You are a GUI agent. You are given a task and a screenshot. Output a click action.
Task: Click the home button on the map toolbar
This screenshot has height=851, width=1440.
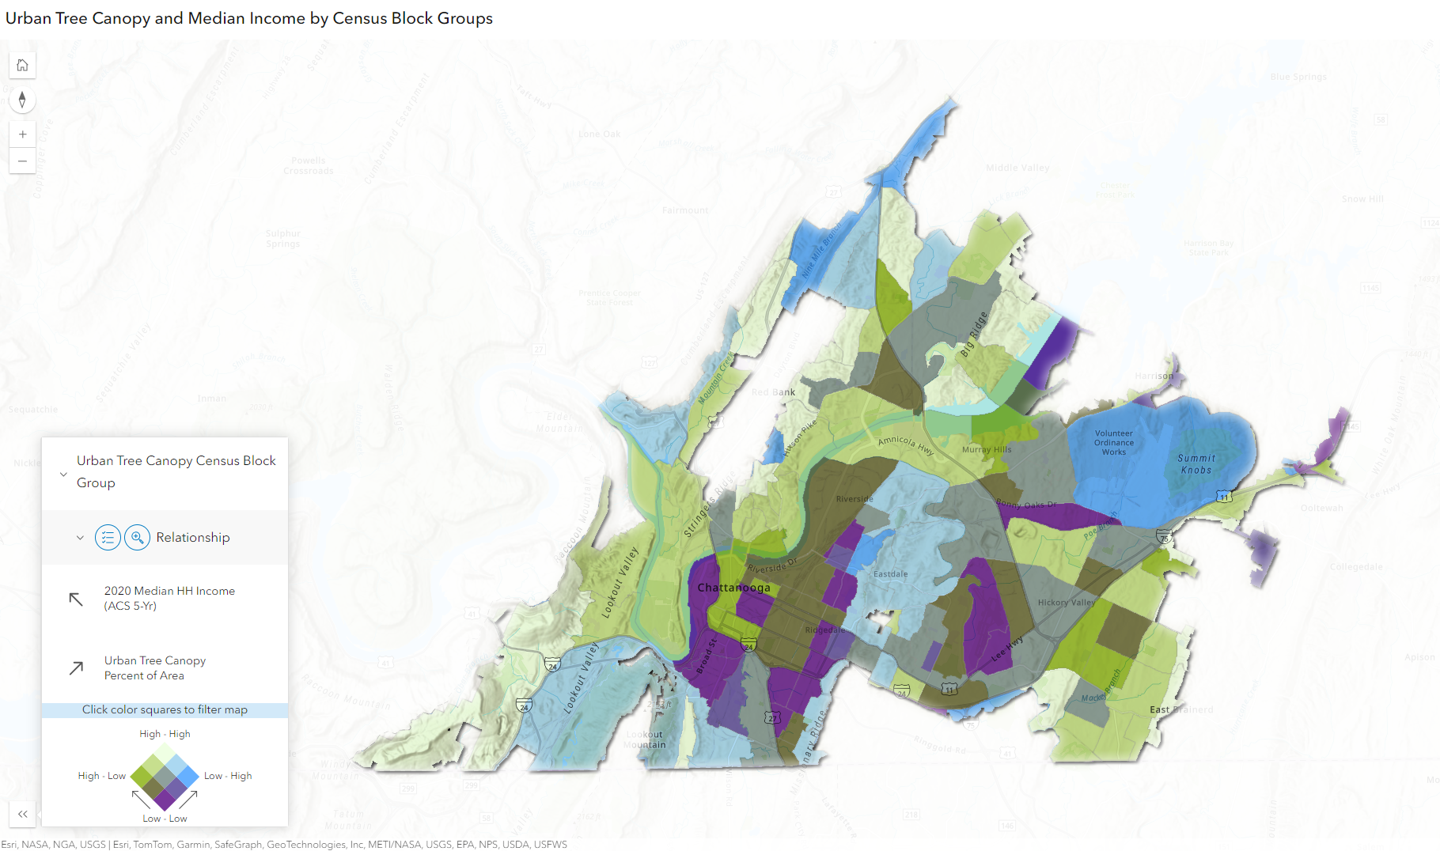tap(22, 65)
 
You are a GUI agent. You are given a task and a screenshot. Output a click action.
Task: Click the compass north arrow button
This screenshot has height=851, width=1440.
tap(22, 100)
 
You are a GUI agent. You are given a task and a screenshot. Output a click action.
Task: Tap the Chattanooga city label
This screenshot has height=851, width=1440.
tap(733, 588)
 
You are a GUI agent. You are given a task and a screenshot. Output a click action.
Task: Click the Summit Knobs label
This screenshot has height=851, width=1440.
tap(1196, 464)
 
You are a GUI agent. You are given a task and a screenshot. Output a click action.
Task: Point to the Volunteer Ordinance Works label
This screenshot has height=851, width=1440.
tap(1113, 443)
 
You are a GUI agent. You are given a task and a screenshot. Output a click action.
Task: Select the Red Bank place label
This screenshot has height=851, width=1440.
tap(773, 392)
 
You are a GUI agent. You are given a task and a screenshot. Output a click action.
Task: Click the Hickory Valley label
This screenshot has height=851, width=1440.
tap(1066, 603)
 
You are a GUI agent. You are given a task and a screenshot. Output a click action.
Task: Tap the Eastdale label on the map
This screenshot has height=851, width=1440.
tap(890, 574)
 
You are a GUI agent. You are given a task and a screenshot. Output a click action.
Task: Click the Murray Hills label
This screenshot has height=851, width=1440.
tap(987, 450)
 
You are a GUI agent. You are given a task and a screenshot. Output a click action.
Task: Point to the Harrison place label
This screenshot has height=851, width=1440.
tap(1154, 376)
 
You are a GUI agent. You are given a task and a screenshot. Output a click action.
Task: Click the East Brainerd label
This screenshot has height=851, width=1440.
tap(1180, 709)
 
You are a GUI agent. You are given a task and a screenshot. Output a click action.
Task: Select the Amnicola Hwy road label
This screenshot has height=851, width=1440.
tap(906, 445)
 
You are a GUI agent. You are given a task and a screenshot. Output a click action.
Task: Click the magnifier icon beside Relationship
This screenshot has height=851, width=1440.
tap(137, 538)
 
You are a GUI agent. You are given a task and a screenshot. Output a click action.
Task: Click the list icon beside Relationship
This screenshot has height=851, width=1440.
tap(108, 538)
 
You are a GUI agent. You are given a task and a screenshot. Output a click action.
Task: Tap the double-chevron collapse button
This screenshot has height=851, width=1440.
tap(22, 814)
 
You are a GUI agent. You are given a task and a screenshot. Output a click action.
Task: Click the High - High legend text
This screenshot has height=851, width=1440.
tap(165, 734)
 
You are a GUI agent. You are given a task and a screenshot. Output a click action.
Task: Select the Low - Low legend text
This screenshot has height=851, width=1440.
tap(165, 819)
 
